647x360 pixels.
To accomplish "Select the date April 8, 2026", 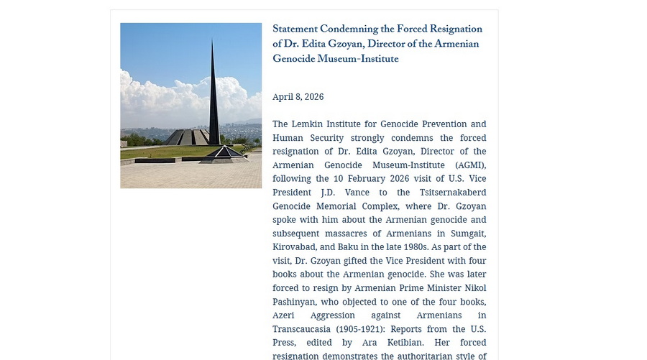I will [x=298, y=97].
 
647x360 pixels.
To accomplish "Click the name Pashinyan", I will [x=296, y=302].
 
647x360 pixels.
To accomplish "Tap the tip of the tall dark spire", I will [x=213, y=39].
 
